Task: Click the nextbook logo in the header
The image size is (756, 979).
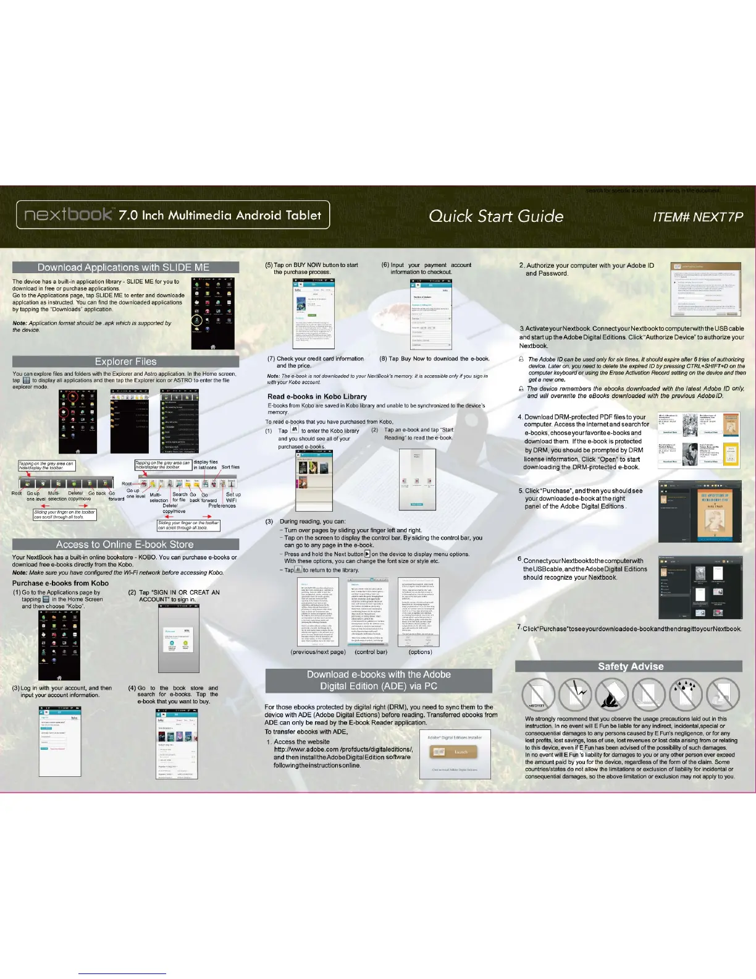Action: pos(69,214)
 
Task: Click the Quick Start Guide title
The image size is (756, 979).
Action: pos(496,216)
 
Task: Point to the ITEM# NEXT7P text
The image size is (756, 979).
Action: pos(697,217)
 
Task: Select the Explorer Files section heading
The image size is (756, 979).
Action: pos(125,362)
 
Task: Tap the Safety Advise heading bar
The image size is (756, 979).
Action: pos(630,666)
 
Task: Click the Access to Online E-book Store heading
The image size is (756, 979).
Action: pos(125,545)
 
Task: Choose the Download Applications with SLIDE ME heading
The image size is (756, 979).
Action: pos(124,268)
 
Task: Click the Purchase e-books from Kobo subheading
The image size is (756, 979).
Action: pos(61,583)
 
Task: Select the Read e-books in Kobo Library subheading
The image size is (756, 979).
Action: pos(317,397)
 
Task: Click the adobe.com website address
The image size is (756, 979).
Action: pos(343,750)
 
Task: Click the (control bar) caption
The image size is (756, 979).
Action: pos(371,652)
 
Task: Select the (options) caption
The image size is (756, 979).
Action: pos(420,652)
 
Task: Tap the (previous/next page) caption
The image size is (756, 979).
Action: pos(318,652)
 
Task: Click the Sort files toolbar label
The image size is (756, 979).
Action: pos(230,467)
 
